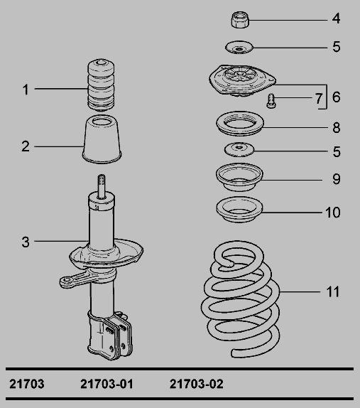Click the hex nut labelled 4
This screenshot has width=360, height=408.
pos(240,19)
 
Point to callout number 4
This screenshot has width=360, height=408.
pos(337,18)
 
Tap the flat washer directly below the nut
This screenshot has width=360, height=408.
pos(239,48)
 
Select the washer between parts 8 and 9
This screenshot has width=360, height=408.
pos(239,149)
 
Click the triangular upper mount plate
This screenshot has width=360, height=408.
pos(241,80)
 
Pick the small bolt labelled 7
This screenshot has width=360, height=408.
pos(271,101)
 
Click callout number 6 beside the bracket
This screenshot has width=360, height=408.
pos(337,97)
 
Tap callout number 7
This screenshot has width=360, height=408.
pos(319,99)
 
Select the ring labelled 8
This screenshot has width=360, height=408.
pos(240,124)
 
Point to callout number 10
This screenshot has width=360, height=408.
pos(333,213)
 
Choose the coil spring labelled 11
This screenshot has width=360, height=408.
pos(241,299)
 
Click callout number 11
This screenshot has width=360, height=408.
pos(333,292)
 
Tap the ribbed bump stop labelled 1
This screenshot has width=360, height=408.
pos(101,85)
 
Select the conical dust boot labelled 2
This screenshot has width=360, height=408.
pos(102,140)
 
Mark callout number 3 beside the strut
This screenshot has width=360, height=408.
pos(26,242)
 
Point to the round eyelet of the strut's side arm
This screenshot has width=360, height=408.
pos(67,281)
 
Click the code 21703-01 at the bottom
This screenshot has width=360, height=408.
pos(107,384)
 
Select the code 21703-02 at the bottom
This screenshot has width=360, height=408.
pos(197,384)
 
